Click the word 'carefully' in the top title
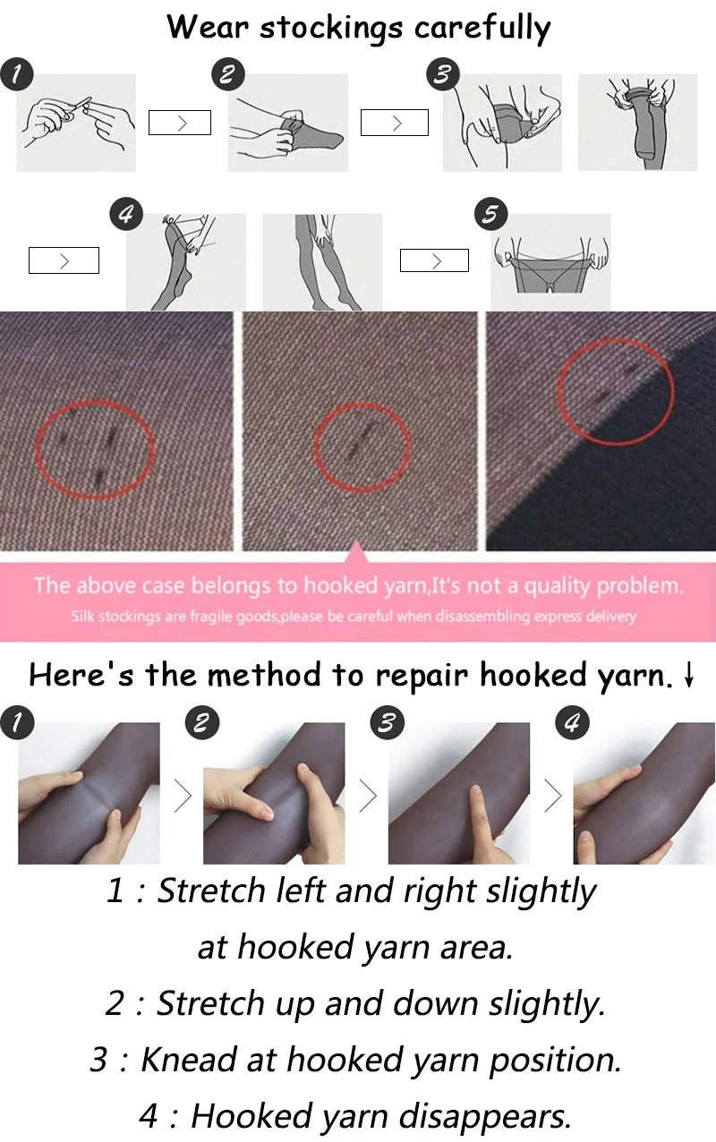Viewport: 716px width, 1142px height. point(482,28)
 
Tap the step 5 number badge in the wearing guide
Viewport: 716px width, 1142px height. point(490,214)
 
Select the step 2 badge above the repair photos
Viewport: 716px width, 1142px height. point(202,722)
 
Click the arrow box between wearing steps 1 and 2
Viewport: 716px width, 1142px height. point(180,123)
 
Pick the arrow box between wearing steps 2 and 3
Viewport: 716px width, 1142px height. point(394,123)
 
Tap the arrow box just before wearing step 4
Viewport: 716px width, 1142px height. point(64,260)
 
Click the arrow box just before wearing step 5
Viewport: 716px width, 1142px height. point(434,260)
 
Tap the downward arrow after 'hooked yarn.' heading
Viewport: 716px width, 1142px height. point(688,675)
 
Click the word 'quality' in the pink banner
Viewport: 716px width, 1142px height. point(557,587)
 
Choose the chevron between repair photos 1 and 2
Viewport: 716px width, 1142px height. point(183,796)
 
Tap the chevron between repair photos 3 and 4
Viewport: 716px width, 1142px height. point(553,796)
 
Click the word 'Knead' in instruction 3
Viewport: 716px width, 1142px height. point(189,1060)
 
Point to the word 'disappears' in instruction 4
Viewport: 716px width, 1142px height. point(484,1118)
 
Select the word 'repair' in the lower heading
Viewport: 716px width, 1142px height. point(422,677)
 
